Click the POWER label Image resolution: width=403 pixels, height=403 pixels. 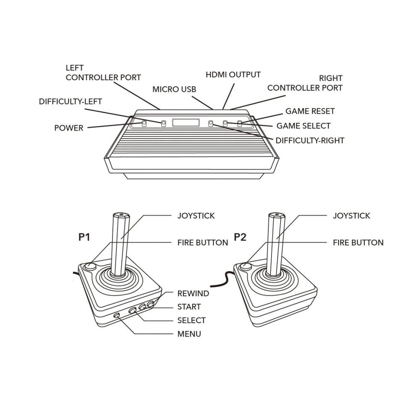point(69,128)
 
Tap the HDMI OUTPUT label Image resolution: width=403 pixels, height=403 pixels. point(233,75)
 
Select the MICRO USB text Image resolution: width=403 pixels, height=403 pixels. point(174,89)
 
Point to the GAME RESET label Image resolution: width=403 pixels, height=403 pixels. point(310,111)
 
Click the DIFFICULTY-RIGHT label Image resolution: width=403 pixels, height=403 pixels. point(310,141)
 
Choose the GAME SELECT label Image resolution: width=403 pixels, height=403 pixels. point(303,126)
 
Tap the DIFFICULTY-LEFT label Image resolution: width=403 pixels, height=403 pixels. point(71,102)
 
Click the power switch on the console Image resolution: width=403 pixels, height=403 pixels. point(144,124)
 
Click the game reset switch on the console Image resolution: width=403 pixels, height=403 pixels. point(239,124)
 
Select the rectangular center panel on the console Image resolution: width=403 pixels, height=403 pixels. point(186,123)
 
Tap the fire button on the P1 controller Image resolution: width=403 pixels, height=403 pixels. point(90,267)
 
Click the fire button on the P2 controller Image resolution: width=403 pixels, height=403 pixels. point(246,267)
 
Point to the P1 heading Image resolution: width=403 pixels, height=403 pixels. point(84,237)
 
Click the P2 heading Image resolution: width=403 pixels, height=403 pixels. point(240,237)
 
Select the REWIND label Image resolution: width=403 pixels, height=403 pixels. point(193,293)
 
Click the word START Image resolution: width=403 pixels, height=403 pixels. point(189,307)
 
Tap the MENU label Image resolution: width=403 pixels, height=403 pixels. point(189,334)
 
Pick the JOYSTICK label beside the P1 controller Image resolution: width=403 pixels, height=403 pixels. point(196,216)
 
